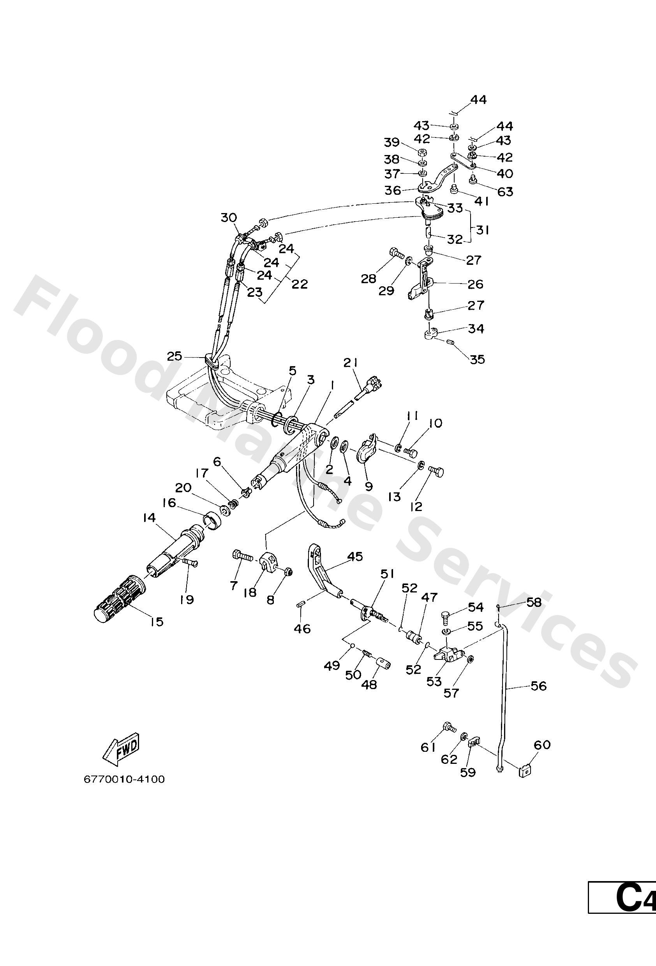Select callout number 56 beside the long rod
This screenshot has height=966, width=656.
tap(538, 686)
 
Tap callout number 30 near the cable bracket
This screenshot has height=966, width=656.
tap(228, 217)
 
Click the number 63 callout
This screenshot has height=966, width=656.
tap(505, 192)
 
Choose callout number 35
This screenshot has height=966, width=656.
tap(477, 359)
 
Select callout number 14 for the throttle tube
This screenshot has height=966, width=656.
tap(148, 518)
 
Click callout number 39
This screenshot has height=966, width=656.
tap(391, 143)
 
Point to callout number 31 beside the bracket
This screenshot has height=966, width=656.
tap(482, 230)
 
